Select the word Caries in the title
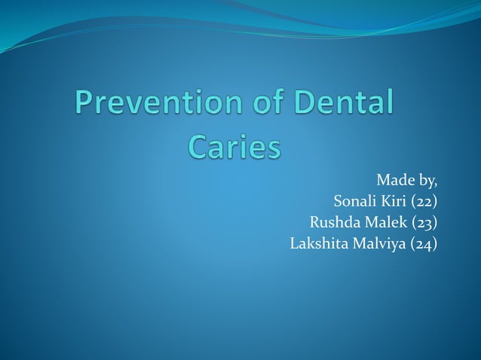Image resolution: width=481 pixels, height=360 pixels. pyautogui.click(x=234, y=146)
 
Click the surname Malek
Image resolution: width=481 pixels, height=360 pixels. pyautogui.click(x=386, y=223)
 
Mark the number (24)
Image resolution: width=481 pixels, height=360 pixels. pyautogui.click(x=423, y=244)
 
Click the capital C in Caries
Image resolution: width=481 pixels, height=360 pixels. pyautogui.click(x=196, y=146)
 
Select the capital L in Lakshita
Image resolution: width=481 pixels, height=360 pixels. pyautogui.click(x=295, y=243)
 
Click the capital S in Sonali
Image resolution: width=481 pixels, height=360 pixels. pyautogui.click(x=337, y=202)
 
